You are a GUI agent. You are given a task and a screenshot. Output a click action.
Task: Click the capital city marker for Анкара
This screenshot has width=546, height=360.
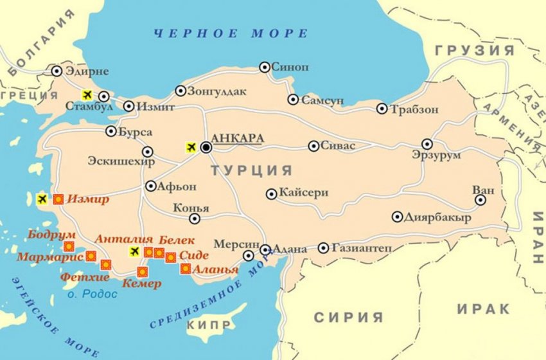(x=206, y=147)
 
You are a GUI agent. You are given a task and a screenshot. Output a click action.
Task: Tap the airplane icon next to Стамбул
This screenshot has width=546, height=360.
(x=87, y=95)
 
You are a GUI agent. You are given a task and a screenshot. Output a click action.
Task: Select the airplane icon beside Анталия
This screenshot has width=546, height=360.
(x=134, y=251)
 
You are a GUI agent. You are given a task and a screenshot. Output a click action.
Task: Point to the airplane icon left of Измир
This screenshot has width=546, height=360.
(x=42, y=199)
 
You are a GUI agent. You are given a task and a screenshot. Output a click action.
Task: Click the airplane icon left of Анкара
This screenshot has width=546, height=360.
(x=190, y=147)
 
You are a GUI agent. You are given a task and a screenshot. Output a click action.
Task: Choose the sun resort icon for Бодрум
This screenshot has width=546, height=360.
(x=68, y=246)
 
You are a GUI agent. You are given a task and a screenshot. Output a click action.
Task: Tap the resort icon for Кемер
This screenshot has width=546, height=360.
(x=142, y=272)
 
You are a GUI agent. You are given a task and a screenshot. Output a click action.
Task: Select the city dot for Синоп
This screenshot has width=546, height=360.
(x=264, y=67)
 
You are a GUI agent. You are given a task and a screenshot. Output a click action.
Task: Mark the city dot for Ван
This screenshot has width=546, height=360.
(x=480, y=200)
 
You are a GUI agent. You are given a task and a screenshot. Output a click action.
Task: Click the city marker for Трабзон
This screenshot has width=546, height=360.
(x=382, y=109)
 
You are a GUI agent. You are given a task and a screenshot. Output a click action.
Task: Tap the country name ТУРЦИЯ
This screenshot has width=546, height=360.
(x=252, y=170)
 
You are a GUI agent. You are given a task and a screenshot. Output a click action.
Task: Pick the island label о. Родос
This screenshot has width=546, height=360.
(x=93, y=294)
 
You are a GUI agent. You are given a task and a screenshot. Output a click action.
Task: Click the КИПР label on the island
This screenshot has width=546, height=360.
(x=208, y=327)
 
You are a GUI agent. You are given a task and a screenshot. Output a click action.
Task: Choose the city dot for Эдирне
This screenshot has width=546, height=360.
(x=57, y=71)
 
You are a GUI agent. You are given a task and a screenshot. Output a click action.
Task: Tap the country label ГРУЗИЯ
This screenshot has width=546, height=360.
(x=475, y=50)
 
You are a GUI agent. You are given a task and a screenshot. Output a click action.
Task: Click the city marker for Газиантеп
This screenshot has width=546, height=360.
(x=323, y=248)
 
